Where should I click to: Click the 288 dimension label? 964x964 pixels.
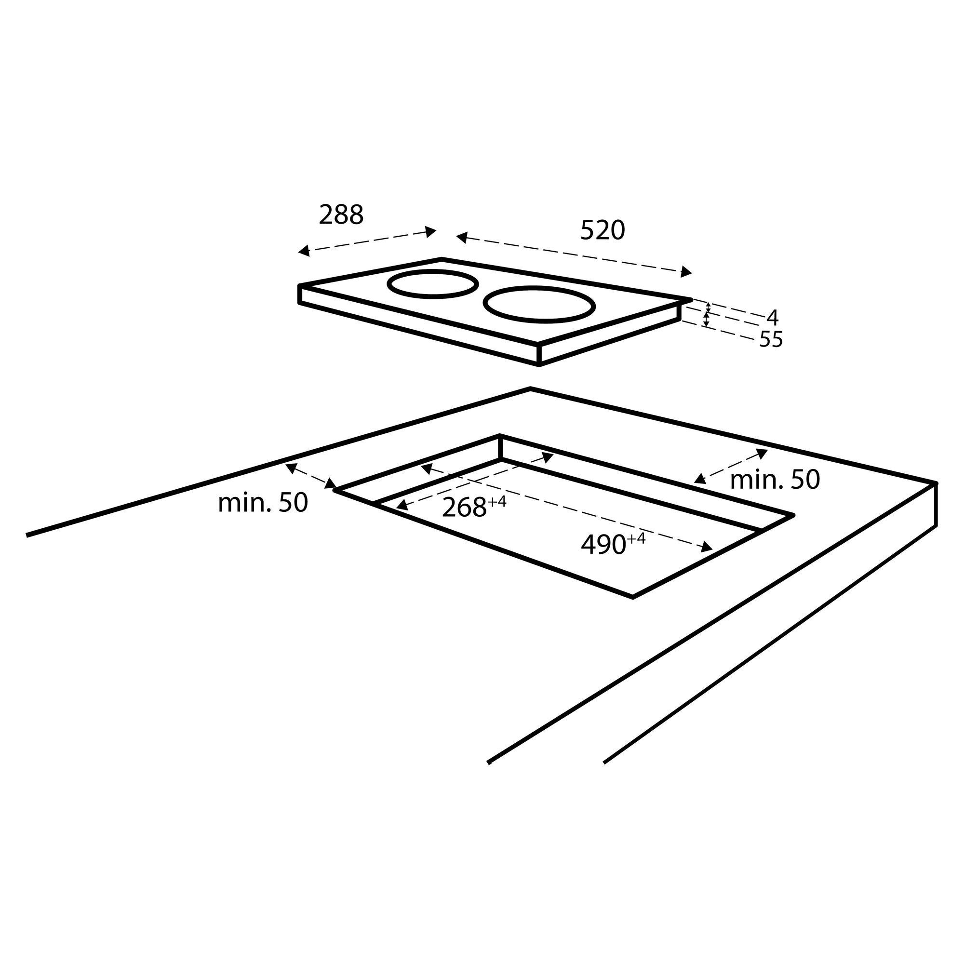(x=341, y=215)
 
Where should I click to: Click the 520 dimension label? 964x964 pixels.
(x=602, y=230)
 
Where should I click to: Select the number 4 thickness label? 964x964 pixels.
(x=772, y=317)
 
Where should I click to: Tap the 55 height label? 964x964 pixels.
(x=771, y=340)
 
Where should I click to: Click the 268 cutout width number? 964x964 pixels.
(x=464, y=508)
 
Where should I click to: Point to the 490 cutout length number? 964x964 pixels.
(x=603, y=545)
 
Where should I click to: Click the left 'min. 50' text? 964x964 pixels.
(x=263, y=503)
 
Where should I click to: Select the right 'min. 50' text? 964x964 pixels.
(x=775, y=480)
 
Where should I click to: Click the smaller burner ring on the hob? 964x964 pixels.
(x=433, y=284)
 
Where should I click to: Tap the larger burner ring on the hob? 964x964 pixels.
(x=539, y=304)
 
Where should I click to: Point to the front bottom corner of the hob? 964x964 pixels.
(x=539, y=365)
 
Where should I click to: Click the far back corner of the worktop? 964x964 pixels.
(x=530, y=388)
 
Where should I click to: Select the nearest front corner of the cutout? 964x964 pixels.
(x=633, y=597)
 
